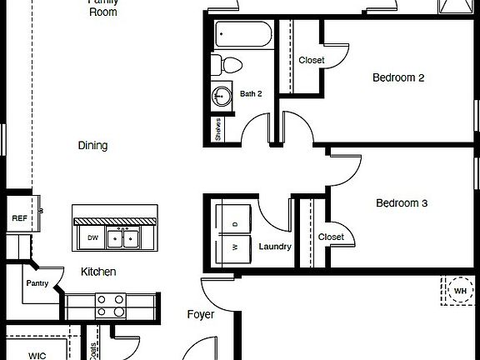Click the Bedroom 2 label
(x=398, y=77)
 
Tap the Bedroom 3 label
(x=402, y=202)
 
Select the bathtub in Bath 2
(x=241, y=36)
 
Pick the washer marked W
(x=234, y=247)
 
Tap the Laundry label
(x=274, y=247)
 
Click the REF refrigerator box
(x=19, y=218)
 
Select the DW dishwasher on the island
(x=93, y=237)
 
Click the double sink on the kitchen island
(x=127, y=238)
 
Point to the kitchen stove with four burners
(x=111, y=305)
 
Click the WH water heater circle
(x=459, y=291)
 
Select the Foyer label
(x=200, y=315)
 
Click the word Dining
(x=92, y=146)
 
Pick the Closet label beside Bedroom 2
(x=311, y=60)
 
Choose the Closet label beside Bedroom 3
(x=331, y=237)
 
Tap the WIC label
(x=37, y=354)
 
